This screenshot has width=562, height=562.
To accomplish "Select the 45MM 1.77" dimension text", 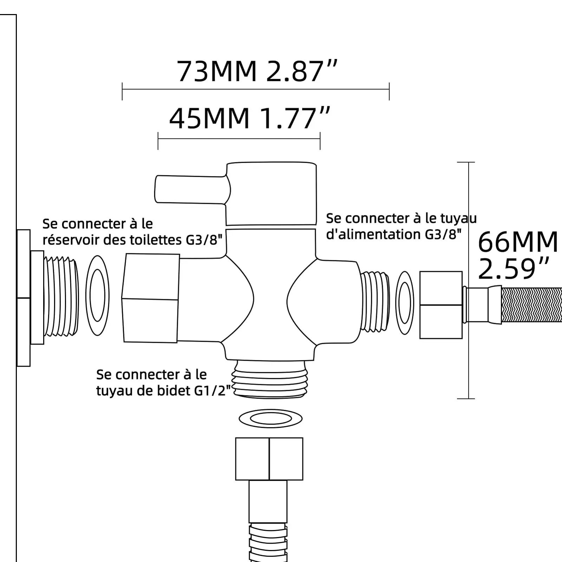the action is click(x=250, y=119).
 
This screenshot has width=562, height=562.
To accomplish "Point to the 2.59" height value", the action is click(x=513, y=269).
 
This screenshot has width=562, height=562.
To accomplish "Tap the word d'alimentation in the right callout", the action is click(x=374, y=235).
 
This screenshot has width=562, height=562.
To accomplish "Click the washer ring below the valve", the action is click(x=270, y=418).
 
